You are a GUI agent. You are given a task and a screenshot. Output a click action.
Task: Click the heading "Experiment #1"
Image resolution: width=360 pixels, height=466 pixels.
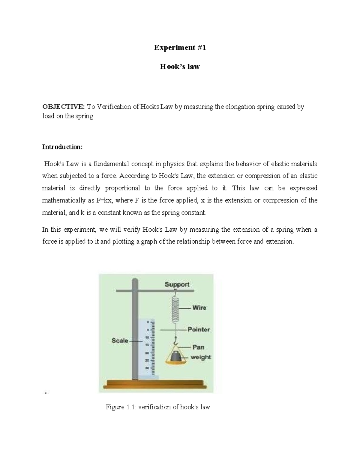coord(180,47)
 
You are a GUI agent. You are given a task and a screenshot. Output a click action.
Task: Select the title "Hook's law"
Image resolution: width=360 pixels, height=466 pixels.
coord(180,66)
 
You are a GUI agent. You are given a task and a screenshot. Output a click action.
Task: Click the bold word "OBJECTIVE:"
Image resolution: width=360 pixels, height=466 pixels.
coord(64,107)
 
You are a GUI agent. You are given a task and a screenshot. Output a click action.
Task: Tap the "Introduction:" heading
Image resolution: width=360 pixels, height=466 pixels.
coord(62,147)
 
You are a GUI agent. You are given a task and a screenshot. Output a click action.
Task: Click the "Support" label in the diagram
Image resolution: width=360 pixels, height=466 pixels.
coord(177,284)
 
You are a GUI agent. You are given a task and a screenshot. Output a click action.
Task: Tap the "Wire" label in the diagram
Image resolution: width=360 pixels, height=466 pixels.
coord(199,308)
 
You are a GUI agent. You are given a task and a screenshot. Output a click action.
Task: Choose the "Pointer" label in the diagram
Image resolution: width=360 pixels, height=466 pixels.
coord(199,329)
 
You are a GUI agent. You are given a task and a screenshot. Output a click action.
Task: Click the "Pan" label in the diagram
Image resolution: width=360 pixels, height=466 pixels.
coord(198,347)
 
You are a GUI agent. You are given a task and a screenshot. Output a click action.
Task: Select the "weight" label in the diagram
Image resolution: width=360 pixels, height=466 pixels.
coord(201,357)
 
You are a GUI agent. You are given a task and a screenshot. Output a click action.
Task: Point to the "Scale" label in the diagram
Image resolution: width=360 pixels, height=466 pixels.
coord(120,340)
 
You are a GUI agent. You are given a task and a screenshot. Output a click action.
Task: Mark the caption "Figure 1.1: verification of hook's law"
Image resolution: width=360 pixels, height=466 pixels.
coord(158,407)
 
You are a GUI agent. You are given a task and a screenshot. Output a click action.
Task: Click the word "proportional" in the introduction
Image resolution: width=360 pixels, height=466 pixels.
coord(122,188)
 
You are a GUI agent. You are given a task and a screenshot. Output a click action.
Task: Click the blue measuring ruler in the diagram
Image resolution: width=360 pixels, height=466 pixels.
coord(147,348)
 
